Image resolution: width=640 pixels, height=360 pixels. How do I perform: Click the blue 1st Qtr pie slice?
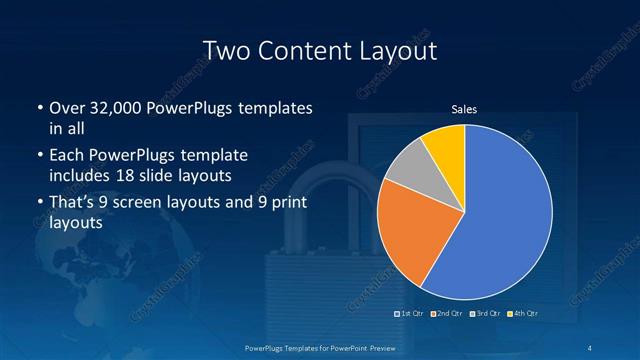[505, 215]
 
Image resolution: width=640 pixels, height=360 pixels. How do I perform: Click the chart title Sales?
[464, 109]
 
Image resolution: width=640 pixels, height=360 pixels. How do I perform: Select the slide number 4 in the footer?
[594, 347]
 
